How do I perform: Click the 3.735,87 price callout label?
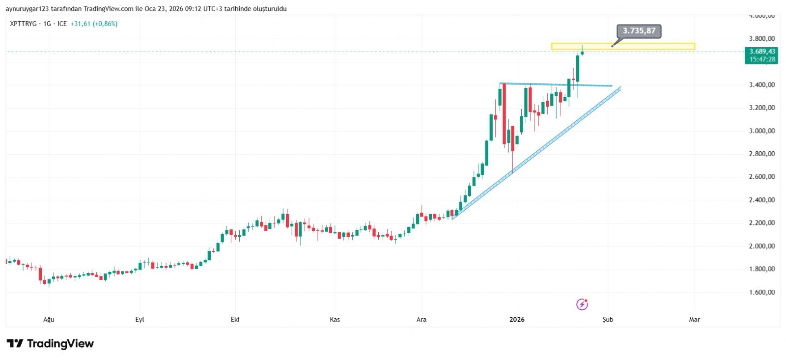point(639,31)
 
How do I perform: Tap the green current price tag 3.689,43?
point(762,52)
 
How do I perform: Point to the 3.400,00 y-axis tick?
point(761,85)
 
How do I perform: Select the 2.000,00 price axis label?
point(761,246)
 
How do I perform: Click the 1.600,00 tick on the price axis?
point(761,292)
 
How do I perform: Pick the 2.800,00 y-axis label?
point(761,154)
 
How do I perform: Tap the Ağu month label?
point(49,320)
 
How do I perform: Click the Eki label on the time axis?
point(235,320)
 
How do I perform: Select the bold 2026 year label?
point(517,320)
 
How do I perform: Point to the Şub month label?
point(608,320)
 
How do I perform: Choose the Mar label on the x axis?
point(694,320)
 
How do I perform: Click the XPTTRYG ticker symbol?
point(23,24)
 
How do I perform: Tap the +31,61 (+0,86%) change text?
point(94,24)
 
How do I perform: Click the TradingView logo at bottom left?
point(50,343)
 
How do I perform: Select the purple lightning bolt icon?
point(582,305)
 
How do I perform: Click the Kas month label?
point(335,320)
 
